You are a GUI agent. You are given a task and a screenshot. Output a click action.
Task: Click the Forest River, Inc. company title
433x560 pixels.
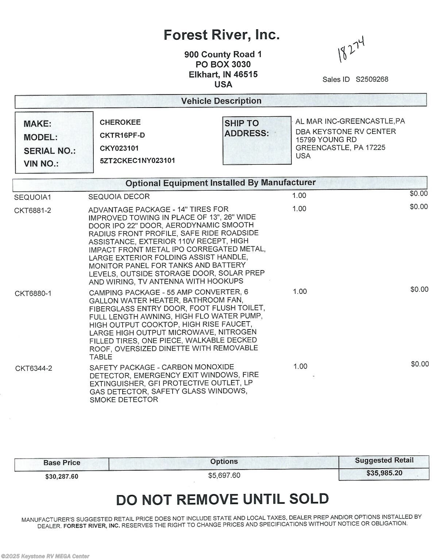[221, 35]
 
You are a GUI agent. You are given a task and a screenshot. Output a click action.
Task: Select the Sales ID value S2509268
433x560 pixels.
[372, 79]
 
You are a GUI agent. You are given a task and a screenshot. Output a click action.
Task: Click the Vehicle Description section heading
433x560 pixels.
[221, 101]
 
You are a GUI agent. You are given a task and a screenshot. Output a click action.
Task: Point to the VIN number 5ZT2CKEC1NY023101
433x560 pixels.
[137, 160]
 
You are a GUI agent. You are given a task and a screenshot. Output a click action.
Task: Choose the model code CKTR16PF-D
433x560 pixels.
[122, 135]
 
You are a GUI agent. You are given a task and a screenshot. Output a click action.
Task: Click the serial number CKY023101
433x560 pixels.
[119, 148]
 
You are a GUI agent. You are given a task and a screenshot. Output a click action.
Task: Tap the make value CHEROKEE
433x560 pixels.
[120, 122]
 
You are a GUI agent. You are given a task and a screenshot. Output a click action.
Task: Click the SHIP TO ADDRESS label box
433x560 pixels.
[257, 140]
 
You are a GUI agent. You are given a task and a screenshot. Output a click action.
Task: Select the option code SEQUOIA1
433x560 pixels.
[33, 198]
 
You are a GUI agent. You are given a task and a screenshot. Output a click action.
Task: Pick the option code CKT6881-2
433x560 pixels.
[33, 210]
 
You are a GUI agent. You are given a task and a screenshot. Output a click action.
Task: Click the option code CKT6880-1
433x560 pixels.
[33, 293]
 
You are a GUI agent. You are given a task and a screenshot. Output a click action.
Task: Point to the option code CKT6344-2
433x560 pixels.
[34, 368]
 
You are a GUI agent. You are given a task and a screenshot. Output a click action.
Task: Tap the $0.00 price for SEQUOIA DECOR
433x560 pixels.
[418, 194]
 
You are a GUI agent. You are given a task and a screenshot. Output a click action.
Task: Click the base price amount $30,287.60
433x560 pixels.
[62, 477]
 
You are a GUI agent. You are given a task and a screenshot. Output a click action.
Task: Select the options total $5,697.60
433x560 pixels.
[224, 475]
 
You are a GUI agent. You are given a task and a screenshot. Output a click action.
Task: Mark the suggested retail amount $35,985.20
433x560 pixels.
[384, 473]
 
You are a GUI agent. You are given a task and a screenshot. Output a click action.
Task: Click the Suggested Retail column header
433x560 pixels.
[384, 460]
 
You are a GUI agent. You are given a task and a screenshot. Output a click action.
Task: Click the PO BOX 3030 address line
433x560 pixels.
[223, 65]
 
